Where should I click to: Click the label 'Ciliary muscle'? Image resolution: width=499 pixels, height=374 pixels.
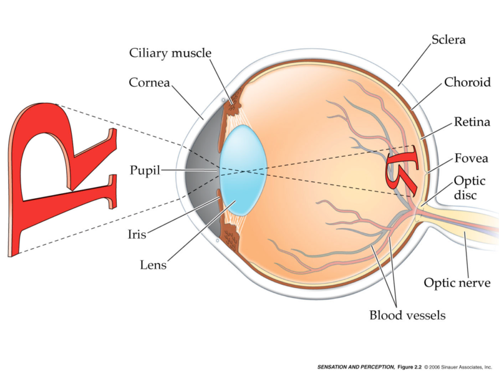point(170,52)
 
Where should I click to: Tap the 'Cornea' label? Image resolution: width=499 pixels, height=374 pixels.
point(150,82)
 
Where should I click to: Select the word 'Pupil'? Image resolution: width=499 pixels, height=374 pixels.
point(145,169)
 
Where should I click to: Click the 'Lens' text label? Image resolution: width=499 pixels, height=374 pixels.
point(153,265)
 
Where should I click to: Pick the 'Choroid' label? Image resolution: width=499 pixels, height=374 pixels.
point(467,82)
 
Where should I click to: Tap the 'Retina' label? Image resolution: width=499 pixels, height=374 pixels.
point(471,122)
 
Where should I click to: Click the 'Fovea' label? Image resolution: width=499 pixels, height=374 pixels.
point(471,158)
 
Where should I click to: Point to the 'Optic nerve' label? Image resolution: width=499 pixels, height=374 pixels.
point(457,283)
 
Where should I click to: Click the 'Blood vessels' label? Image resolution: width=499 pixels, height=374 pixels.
point(407,315)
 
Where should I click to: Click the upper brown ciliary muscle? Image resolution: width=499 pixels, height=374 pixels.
point(235,103)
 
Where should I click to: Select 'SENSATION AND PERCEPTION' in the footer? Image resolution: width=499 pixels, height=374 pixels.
point(356,367)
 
